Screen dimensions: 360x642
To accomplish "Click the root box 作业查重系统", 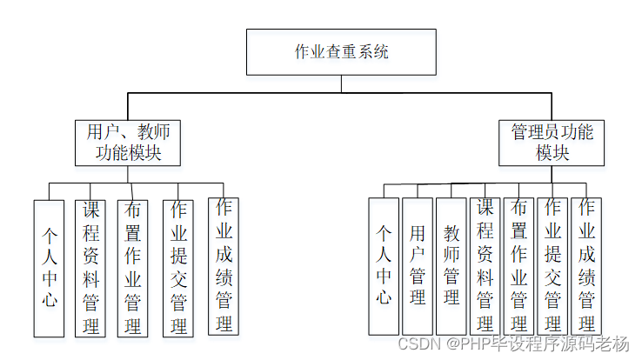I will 341,52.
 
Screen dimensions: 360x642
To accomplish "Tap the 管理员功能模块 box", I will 552,143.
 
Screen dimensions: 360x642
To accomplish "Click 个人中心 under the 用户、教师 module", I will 49,268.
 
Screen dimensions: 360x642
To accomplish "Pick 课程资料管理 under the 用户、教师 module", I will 90,268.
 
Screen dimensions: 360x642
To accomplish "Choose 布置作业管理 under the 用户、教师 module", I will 133,268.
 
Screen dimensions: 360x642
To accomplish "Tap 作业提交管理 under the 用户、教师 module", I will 178,268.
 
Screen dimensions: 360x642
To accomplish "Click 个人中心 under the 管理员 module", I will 384,266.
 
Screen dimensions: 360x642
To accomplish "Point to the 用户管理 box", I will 418,266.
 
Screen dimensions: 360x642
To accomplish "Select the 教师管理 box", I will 451,266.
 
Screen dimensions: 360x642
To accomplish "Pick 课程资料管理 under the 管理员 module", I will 485,266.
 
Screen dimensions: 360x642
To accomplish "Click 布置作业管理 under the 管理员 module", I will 518,266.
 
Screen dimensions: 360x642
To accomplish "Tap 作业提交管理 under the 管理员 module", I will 552,266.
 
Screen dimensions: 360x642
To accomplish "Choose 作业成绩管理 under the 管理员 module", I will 585,266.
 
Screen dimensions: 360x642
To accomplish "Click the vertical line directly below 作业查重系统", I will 341,83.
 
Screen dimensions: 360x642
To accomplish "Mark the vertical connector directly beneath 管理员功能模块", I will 552,175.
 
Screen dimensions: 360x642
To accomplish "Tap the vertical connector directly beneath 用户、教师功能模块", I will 129,175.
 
